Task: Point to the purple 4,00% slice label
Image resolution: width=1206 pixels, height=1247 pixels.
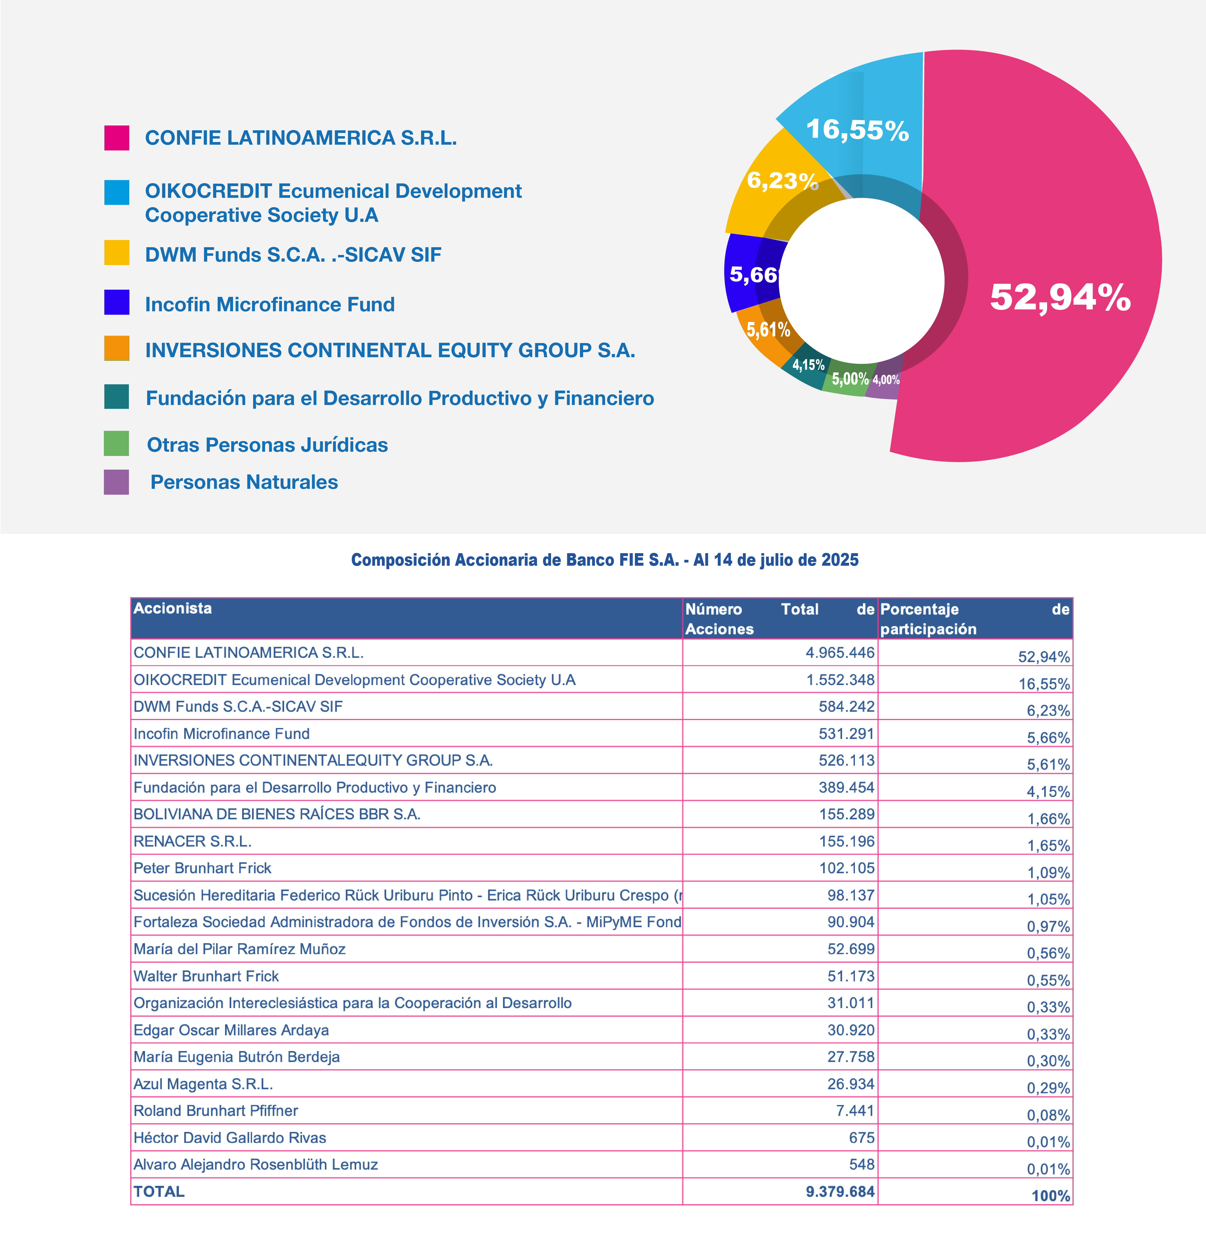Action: coord(886,380)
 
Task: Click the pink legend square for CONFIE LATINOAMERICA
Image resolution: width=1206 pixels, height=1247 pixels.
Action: coord(116,138)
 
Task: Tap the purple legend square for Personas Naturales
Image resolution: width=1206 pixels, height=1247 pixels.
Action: coord(116,482)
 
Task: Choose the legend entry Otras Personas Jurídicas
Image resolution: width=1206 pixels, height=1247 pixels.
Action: coord(267,445)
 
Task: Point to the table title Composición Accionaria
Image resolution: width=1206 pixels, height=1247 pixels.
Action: coord(604,560)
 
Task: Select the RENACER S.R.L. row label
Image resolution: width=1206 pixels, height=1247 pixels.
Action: coord(192,841)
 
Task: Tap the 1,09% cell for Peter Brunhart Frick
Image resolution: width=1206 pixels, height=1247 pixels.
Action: coord(1048,872)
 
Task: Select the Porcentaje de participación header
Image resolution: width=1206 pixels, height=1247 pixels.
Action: coord(975,619)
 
